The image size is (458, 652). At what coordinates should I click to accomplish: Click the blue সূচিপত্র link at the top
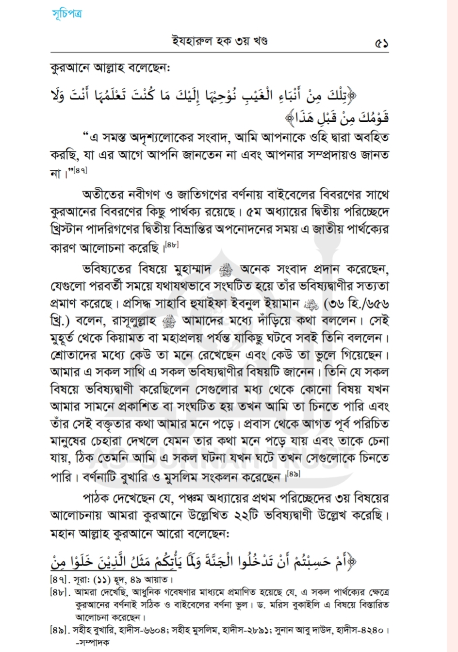coord(67,13)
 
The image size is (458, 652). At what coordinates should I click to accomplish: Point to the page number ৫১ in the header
coord(381,43)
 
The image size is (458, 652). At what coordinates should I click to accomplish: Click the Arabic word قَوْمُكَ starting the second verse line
coord(373,118)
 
